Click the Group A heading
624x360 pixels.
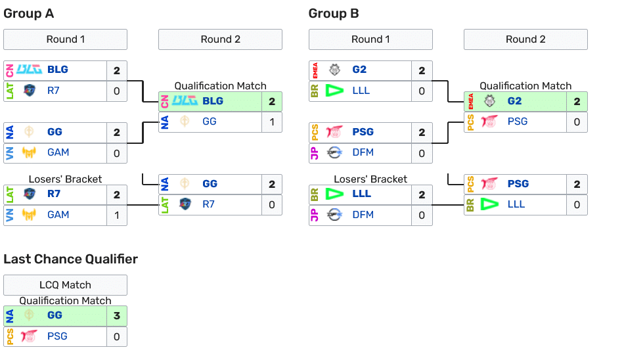(x=29, y=14)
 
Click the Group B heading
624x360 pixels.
(x=334, y=14)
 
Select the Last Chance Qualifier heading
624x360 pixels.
(x=70, y=259)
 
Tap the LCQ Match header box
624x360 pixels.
(x=65, y=285)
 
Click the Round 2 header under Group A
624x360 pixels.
(x=220, y=39)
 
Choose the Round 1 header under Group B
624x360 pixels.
(x=370, y=39)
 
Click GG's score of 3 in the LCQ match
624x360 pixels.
(x=117, y=315)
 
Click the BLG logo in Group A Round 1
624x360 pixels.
(x=30, y=70)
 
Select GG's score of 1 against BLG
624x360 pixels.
(x=272, y=122)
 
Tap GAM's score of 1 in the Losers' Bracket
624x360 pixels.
(x=117, y=215)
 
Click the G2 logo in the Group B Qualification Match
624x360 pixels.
(x=489, y=101)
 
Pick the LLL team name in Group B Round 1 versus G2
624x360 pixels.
(x=361, y=91)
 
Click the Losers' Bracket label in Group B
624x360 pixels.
(x=370, y=179)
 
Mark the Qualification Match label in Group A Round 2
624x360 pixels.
(x=220, y=86)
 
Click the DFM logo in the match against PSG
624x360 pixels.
(x=335, y=152)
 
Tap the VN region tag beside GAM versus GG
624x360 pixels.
(x=9, y=152)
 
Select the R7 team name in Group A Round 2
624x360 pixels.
(x=208, y=204)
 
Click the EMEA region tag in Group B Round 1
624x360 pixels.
(x=315, y=70)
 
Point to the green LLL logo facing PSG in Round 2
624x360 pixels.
(x=489, y=204)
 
